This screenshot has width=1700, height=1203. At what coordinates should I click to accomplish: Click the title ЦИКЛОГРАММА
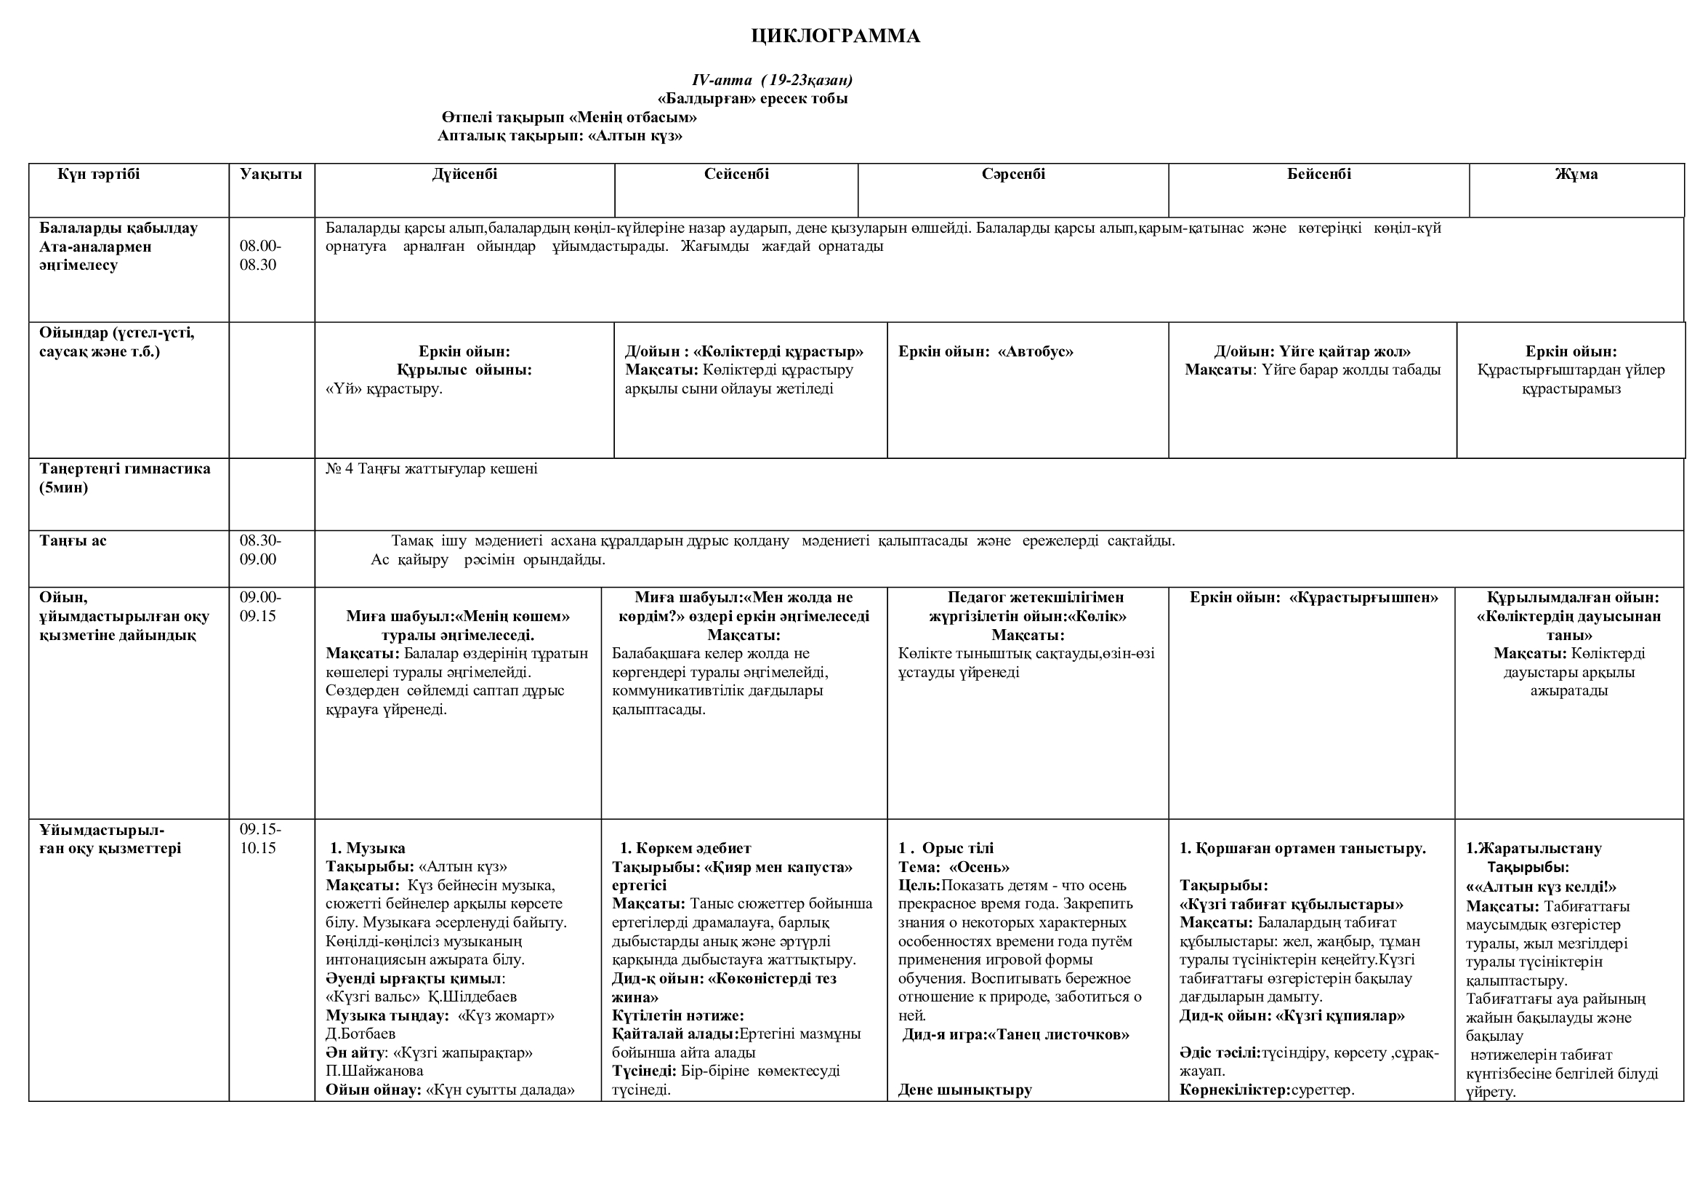click(x=835, y=36)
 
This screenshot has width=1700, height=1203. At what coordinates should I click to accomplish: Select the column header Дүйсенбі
click(x=464, y=174)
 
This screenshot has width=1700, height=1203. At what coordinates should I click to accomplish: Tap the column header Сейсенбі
click(x=736, y=174)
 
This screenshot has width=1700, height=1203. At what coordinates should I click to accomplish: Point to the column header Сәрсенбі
click(x=1013, y=174)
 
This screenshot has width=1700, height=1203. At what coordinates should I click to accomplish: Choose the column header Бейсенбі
click(x=1318, y=174)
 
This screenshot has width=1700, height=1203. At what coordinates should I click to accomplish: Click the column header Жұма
click(x=1576, y=174)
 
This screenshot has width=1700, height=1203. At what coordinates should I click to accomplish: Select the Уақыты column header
click(x=271, y=174)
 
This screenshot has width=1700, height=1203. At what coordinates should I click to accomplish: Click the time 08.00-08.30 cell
click(x=260, y=255)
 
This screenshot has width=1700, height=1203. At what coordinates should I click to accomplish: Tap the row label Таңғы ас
click(x=73, y=540)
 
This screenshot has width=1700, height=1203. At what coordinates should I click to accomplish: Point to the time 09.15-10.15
click(x=260, y=839)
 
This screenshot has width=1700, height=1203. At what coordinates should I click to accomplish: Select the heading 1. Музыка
click(x=367, y=848)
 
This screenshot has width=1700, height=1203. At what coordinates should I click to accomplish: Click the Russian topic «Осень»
click(x=979, y=867)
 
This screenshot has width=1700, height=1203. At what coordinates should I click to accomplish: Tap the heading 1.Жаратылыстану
click(x=1533, y=848)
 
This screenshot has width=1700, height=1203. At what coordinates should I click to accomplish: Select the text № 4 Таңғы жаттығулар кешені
click(x=432, y=469)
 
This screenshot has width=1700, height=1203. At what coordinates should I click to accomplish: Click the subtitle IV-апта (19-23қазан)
click(x=772, y=80)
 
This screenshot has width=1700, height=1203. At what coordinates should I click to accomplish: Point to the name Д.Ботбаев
click(x=360, y=1034)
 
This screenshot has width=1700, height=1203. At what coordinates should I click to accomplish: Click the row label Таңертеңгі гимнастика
click(x=124, y=469)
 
